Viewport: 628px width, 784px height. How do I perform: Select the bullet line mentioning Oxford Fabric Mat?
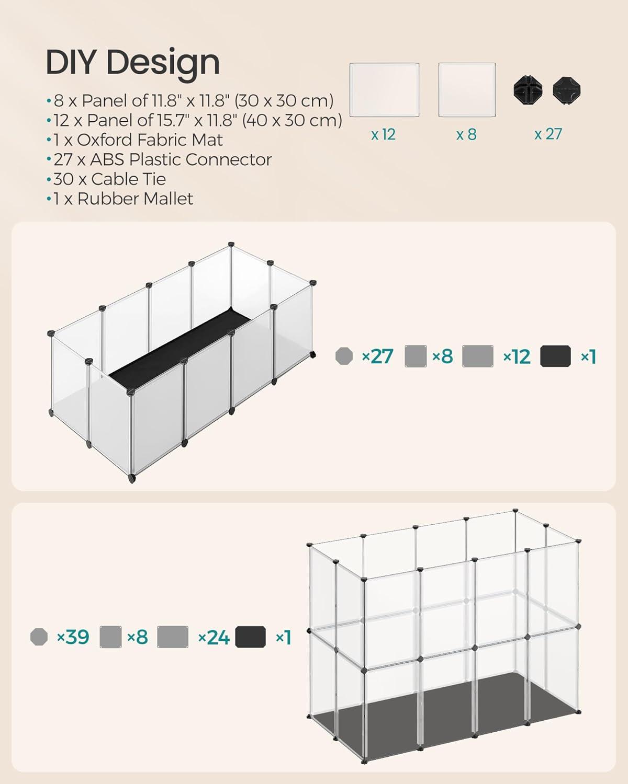click(x=134, y=140)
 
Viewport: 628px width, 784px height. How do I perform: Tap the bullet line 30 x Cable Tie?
click(x=106, y=179)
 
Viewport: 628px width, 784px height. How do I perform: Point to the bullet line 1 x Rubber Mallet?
click(x=120, y=199)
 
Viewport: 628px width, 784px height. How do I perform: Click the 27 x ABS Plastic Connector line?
click(x=159, y=159)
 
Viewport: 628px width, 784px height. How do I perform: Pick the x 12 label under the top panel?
click(x=383, y=134)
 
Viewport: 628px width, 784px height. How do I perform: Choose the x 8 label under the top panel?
click(x=466, y=134)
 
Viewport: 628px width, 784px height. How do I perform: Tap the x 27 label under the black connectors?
click(x=548, y=134)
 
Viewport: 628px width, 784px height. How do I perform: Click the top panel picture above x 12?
click(x=384, y=89)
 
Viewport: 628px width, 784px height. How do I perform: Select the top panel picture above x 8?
click(x=467, y=89)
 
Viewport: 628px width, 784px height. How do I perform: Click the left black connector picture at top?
click(x=528, y=89)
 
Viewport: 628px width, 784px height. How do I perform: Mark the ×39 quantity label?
click(x=73, y=637)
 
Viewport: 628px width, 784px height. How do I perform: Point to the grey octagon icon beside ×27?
click(x=344, y=356)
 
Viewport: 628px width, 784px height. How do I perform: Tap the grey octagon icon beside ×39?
click(x=39, y=637)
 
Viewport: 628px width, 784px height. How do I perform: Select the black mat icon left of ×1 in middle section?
click(x=555, y=356)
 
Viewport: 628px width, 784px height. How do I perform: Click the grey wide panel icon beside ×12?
click(x=478, y=356)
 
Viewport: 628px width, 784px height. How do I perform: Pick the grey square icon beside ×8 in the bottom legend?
click(x=110, y=637)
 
